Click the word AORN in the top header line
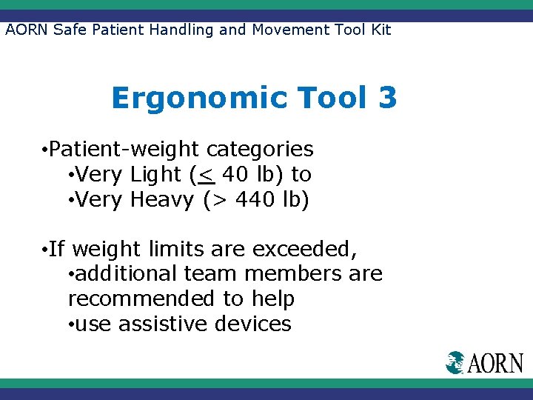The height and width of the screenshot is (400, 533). coord(27,30)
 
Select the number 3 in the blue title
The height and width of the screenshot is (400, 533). coord(386,98)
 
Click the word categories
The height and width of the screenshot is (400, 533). coord(260,149)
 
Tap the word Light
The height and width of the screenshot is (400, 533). coord(155,175)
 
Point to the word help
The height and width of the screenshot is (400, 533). coord(269,299)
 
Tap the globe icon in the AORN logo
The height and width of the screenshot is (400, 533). coord(455,362)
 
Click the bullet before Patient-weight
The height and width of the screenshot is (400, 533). coord(45,150)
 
